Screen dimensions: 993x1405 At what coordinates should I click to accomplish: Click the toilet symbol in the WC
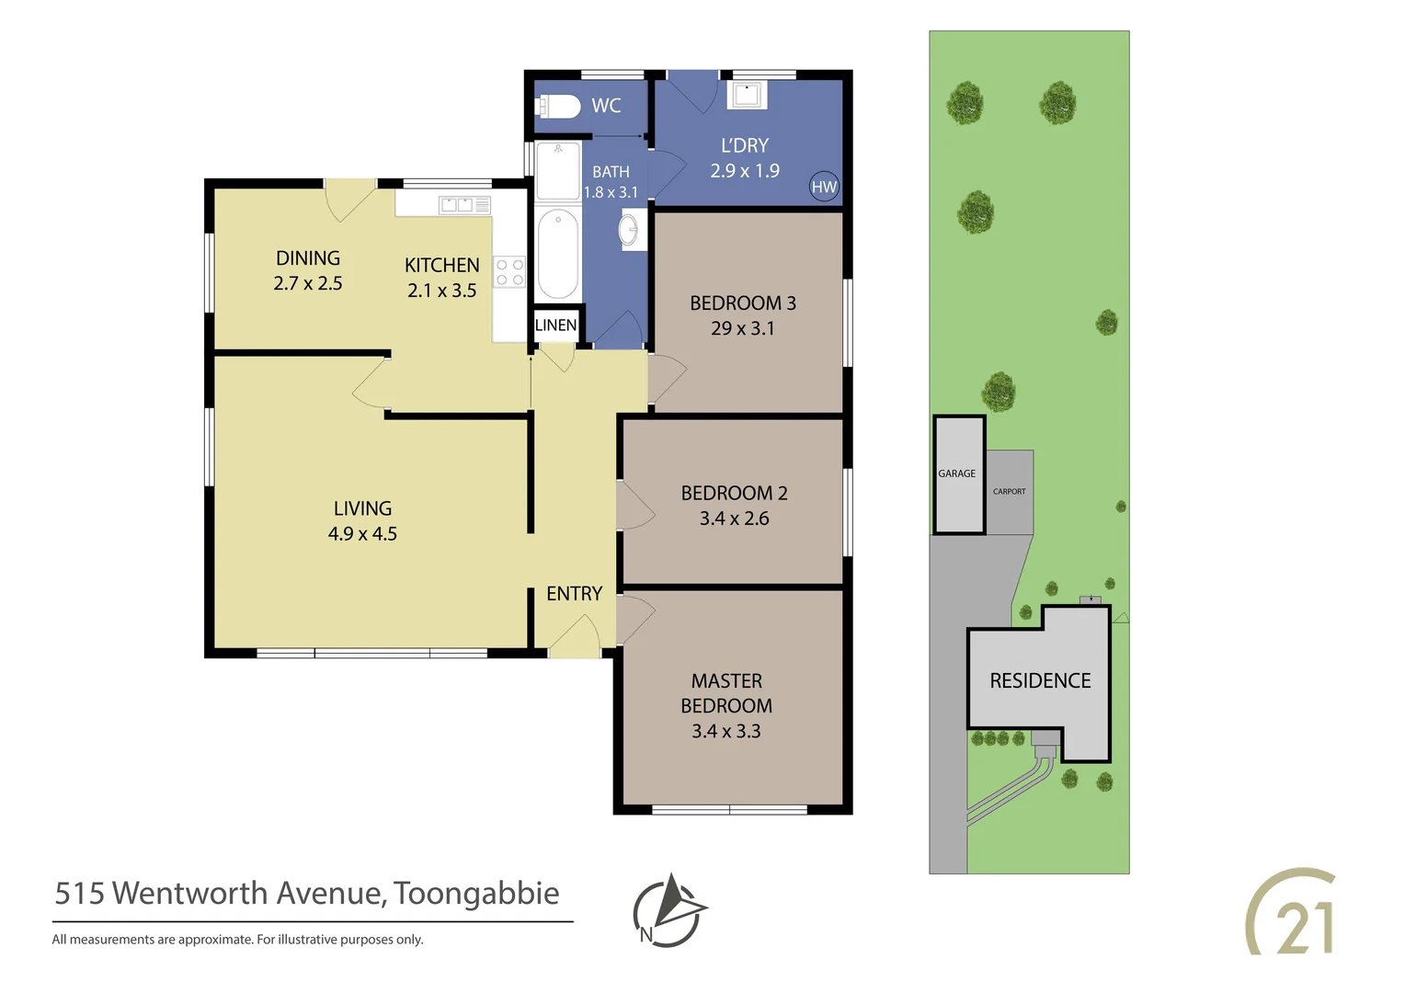pos(558,108)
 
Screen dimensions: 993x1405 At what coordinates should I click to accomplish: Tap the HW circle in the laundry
pos(824,187)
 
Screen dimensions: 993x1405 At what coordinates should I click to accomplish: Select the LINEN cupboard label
pos(556,325)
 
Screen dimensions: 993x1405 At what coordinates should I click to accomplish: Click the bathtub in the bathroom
pos(557,255)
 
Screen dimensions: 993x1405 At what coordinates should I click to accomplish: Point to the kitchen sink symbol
pos(465,204)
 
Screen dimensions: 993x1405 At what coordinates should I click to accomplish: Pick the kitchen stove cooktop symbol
pos(509,272)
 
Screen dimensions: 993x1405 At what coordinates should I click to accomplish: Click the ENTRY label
pos(574,594)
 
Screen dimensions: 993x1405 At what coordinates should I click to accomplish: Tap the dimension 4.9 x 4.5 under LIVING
pos(362,534)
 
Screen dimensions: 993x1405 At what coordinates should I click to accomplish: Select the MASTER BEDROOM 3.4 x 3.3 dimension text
pos(726,731)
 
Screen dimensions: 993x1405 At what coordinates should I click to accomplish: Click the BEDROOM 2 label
pos(734,493)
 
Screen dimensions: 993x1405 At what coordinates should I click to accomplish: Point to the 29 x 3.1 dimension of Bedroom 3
pos(742,328)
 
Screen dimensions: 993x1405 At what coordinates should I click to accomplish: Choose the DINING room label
pos(308,258)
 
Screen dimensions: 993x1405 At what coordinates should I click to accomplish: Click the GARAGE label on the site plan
pos(956,474)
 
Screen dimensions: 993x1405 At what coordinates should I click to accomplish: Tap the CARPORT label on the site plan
pos(1009,491)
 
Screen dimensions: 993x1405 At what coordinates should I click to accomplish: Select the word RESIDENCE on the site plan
pos(1040,680)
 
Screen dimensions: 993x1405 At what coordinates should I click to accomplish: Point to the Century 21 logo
pos(1292,913)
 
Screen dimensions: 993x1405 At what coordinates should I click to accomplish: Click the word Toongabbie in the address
pos(476,893)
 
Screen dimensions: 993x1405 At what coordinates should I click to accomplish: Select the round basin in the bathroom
pos(630,230)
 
